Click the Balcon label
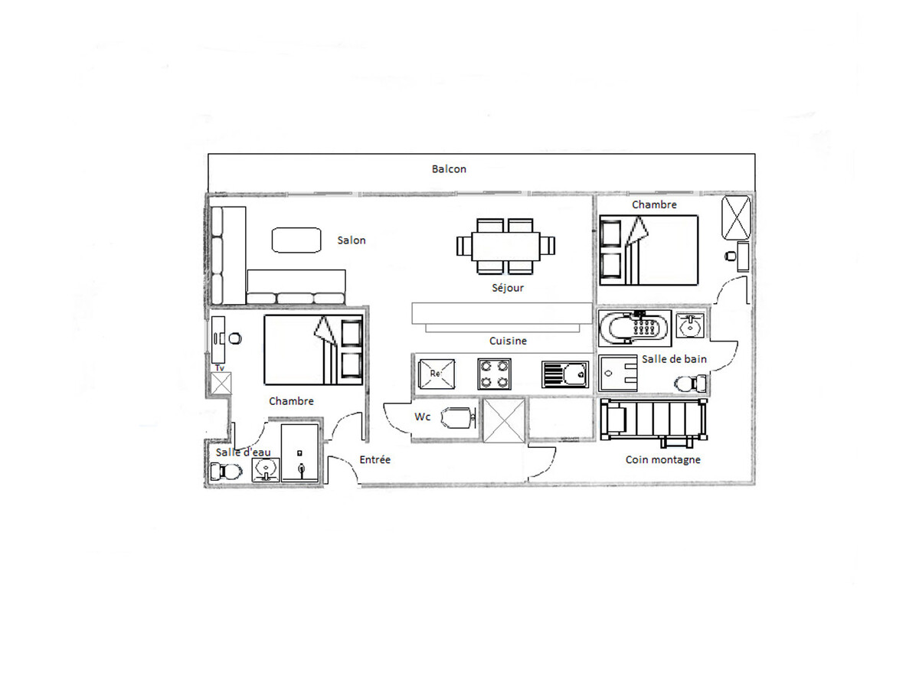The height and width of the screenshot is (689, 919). click(449, 169)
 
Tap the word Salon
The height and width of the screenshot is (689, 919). click(351, 240)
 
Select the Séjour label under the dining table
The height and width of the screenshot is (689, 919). click(508, 288)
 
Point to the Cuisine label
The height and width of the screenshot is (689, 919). click(508, 341)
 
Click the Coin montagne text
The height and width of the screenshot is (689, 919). click(662, 460)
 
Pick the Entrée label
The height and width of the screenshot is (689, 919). click(374, 459)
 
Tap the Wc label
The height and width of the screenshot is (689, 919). click(423, 416)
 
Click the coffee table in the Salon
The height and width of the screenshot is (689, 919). click(296, 240)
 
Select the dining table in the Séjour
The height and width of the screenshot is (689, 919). click(505, 246)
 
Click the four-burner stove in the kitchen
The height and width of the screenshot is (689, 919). click(494, 374)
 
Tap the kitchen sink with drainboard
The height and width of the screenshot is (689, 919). click(565, 375)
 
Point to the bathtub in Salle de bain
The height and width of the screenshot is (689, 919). click(635, 328)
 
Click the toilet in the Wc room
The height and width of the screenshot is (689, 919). click(459, 418)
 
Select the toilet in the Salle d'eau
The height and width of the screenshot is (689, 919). click(226, 472)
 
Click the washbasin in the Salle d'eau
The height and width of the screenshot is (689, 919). click(266, 470)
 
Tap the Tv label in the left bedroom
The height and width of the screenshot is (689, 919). click(220, 368)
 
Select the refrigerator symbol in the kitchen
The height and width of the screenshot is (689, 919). click(437, 374)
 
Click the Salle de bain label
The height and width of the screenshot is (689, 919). click(674, 359)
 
